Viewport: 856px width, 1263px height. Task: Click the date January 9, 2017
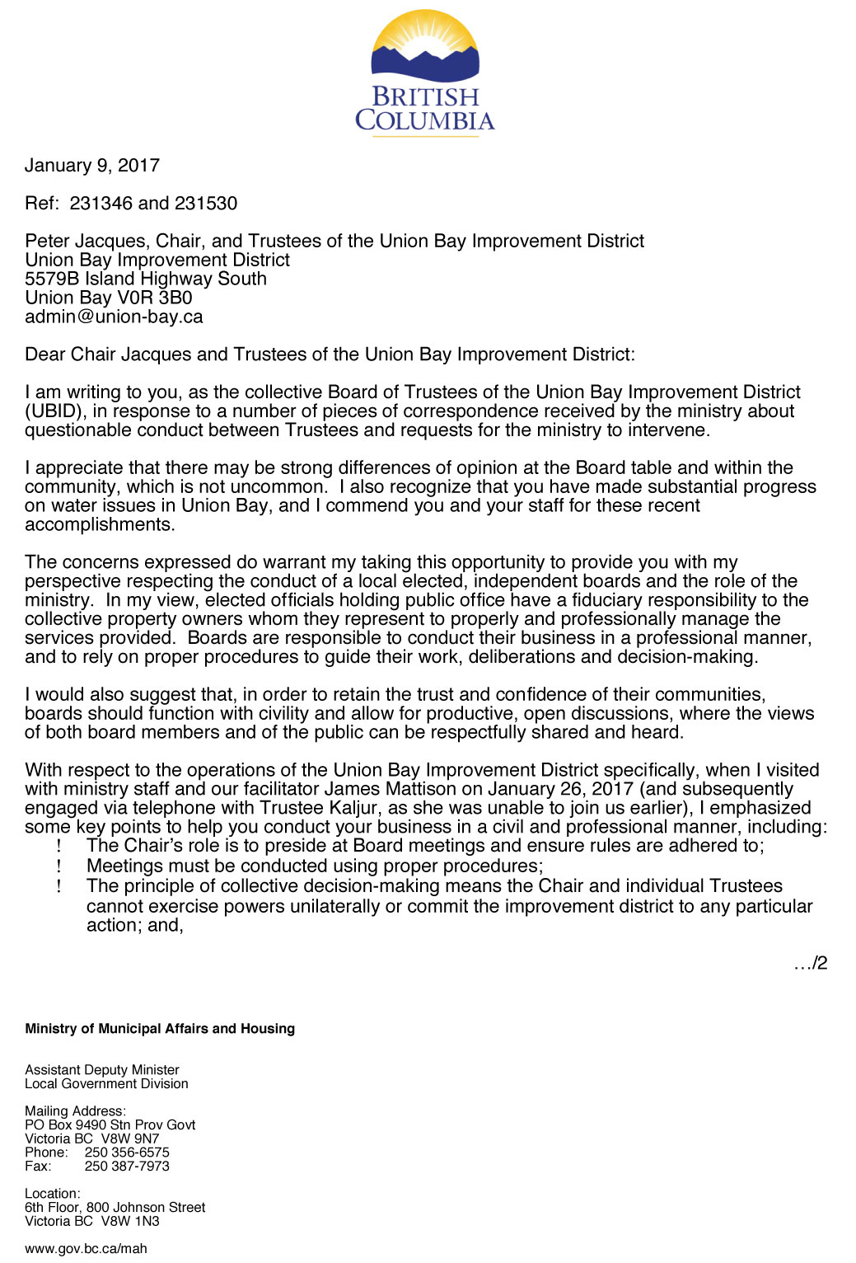point(92,166)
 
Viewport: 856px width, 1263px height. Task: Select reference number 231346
point(101,204)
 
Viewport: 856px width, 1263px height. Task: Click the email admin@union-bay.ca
point(114,317)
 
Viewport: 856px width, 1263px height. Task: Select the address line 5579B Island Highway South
point(146,279)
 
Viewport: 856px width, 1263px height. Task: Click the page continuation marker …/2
point(811,963)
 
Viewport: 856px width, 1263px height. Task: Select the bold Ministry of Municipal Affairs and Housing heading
point(160,1029)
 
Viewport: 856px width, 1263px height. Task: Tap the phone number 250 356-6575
point(127,1153)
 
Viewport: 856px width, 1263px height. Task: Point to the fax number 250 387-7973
point(127,1167)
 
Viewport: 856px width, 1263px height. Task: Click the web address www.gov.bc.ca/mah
point(86,1249)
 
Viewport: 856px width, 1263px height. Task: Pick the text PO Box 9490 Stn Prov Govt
point(110,1125)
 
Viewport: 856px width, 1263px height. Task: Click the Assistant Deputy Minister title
point(102,1070)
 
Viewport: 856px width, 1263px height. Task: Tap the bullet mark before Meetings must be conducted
point(59,866)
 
